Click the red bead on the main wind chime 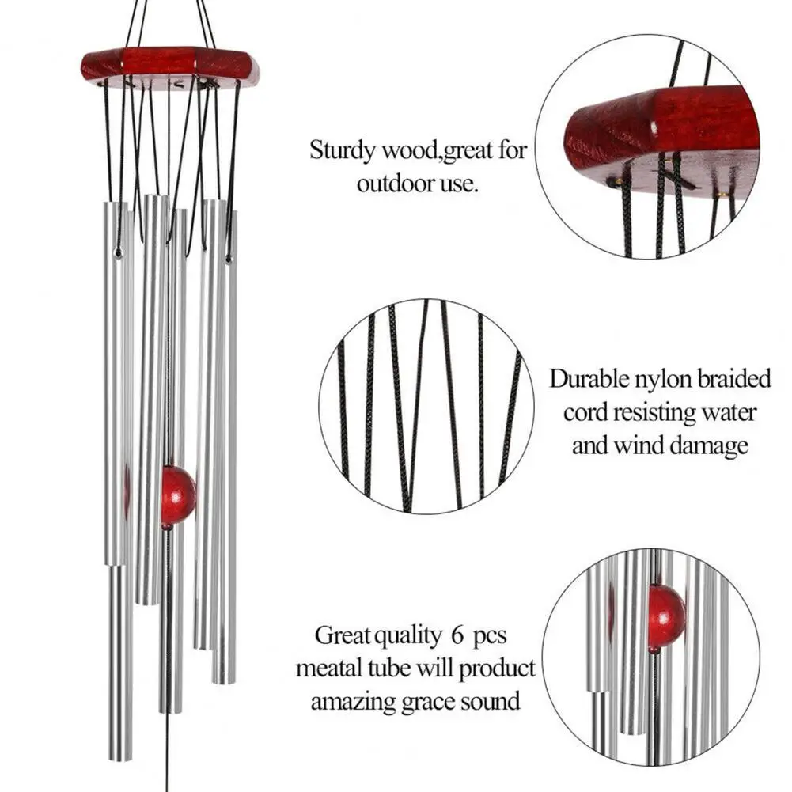click(x=178, y=495)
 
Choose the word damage click(x=709, y=445)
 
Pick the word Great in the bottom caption click(x=339, y=635)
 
